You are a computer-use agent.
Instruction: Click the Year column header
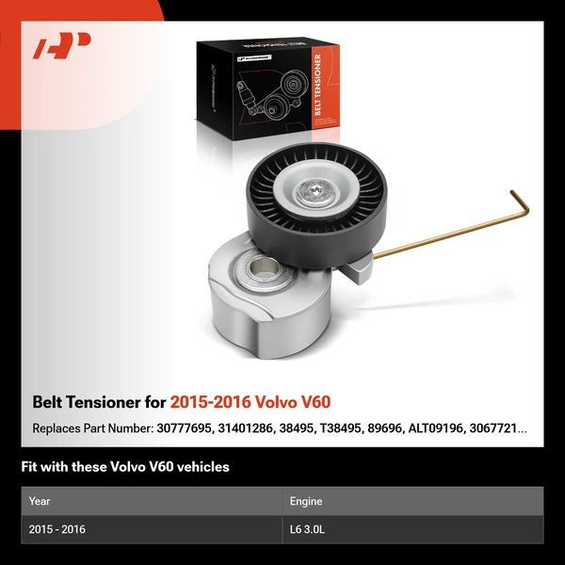(x=40, y=501)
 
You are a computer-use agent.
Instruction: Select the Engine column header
(x=310, y=501)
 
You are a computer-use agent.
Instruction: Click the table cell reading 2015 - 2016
(x=57, y=529)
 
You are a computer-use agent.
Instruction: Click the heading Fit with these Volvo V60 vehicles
(x=125, y=466)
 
